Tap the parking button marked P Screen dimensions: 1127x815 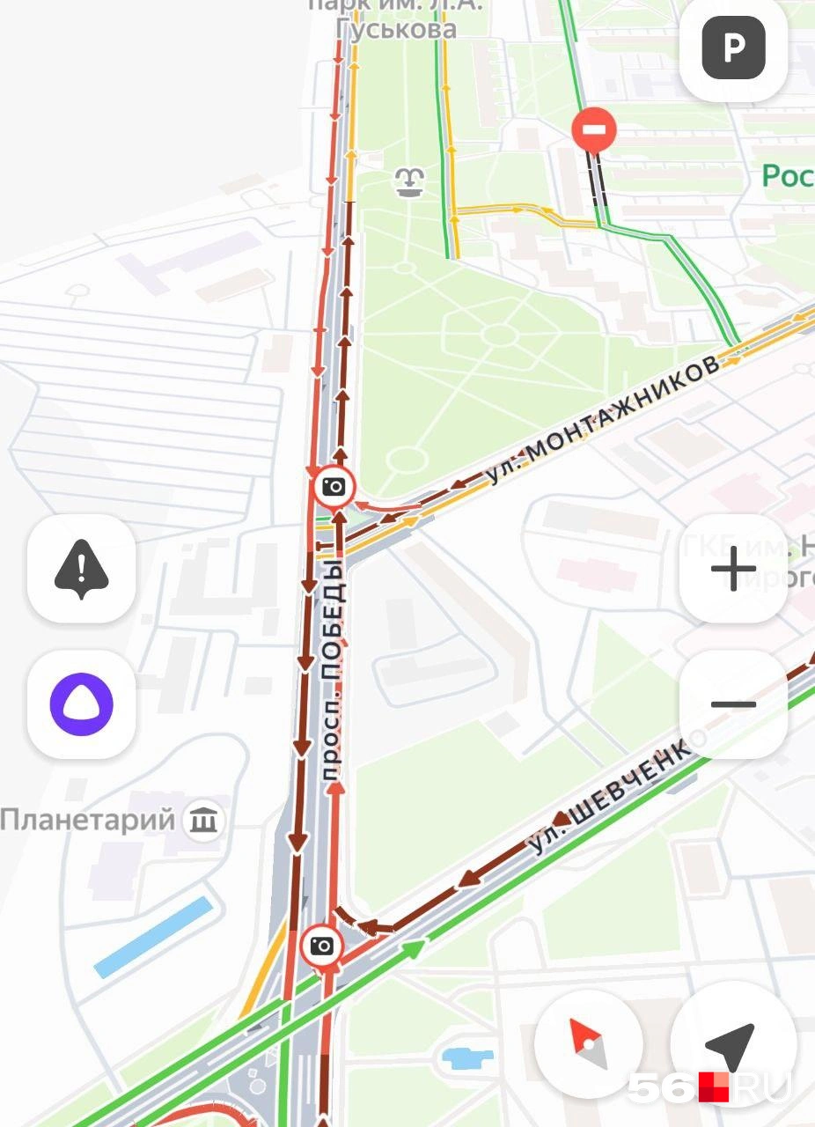733,48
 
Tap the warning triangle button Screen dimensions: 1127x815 81,569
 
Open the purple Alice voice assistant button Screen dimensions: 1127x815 81,704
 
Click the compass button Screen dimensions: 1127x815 589,1044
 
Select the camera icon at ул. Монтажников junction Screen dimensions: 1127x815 334,487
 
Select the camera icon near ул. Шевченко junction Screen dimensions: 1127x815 322,947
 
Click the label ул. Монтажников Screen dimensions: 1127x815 604,421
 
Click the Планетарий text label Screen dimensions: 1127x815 87,821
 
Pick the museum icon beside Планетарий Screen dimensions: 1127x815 205,821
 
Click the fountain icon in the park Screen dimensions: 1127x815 408,182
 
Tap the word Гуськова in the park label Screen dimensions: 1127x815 397,28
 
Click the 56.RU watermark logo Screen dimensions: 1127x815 709,1086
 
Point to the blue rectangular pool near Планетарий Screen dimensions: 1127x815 155,937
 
